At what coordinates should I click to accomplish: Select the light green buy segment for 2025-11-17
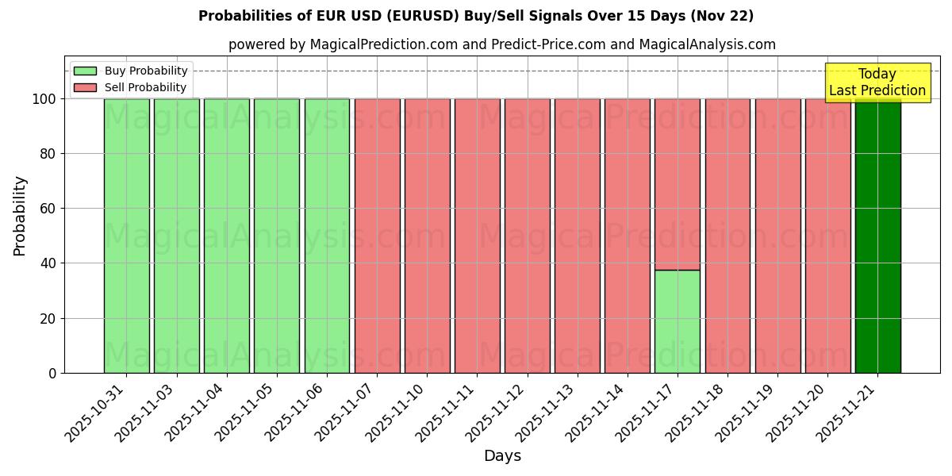click(x=678, y=321)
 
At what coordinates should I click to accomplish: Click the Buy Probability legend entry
click(x=131, y=71)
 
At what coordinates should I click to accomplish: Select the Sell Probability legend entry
click(x=131, y=87)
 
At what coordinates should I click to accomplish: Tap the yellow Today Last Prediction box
click(x=877, y=83)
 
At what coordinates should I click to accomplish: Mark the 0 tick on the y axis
click(x=52, y=373)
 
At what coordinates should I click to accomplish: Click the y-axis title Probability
click(x=20, y=215)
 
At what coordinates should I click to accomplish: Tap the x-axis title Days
click(x=502, y=456)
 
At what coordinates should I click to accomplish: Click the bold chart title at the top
click(x=476, y=16)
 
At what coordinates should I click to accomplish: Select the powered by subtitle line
click(x=502, y=44)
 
